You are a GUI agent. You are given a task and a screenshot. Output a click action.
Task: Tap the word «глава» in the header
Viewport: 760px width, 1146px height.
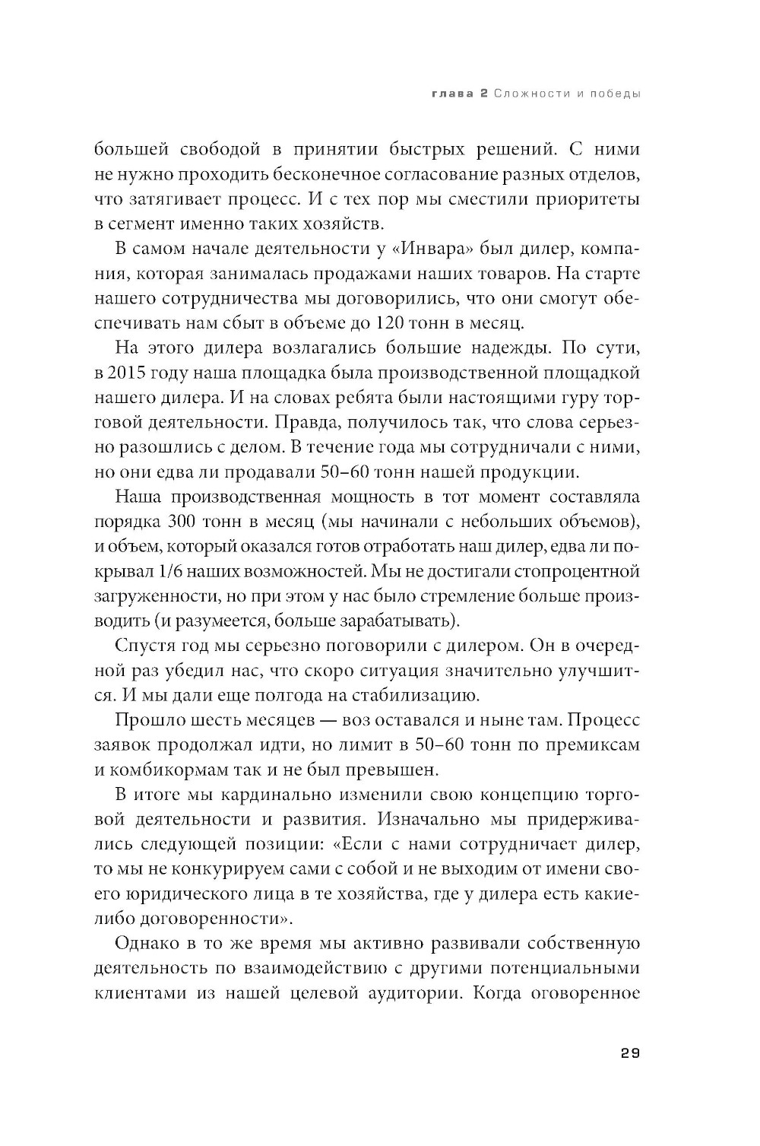(454, 94)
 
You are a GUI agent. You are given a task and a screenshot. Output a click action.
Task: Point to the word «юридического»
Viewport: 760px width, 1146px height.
(201, 892)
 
